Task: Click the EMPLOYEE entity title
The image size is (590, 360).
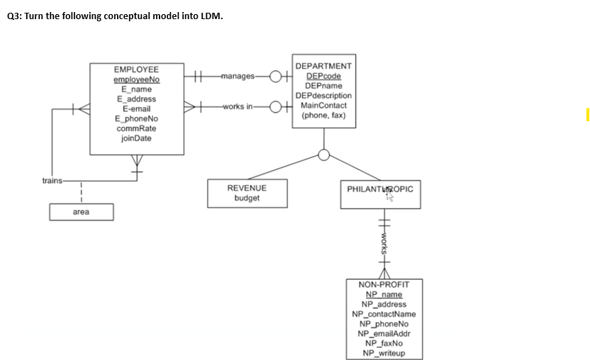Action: pos(136,69)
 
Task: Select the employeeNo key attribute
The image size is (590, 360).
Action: pos(136,79)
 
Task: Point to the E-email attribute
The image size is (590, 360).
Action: pos(136,109)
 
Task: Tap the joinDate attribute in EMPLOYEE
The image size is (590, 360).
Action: pos(136,139)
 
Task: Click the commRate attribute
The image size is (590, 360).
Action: pos(136,129)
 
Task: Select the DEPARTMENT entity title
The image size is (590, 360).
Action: pos(323,66)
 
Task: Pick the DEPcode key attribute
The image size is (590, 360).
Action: pos(323,76)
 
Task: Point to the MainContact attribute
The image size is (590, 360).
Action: pos(323,105)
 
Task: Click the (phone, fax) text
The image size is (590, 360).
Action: pos(323,115)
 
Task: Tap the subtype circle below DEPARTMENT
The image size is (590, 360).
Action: pos(324,155)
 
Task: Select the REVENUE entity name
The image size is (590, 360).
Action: pos(247,189)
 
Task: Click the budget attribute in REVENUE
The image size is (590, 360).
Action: pos(247,198)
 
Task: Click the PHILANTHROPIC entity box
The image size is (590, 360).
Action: pos(380,193)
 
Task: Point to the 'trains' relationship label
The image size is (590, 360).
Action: pos(52,180)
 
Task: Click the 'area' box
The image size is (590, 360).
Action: pos(81,212)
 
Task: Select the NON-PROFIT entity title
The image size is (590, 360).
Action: pos(384,285)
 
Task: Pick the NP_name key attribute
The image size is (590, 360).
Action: pos(384,295)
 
